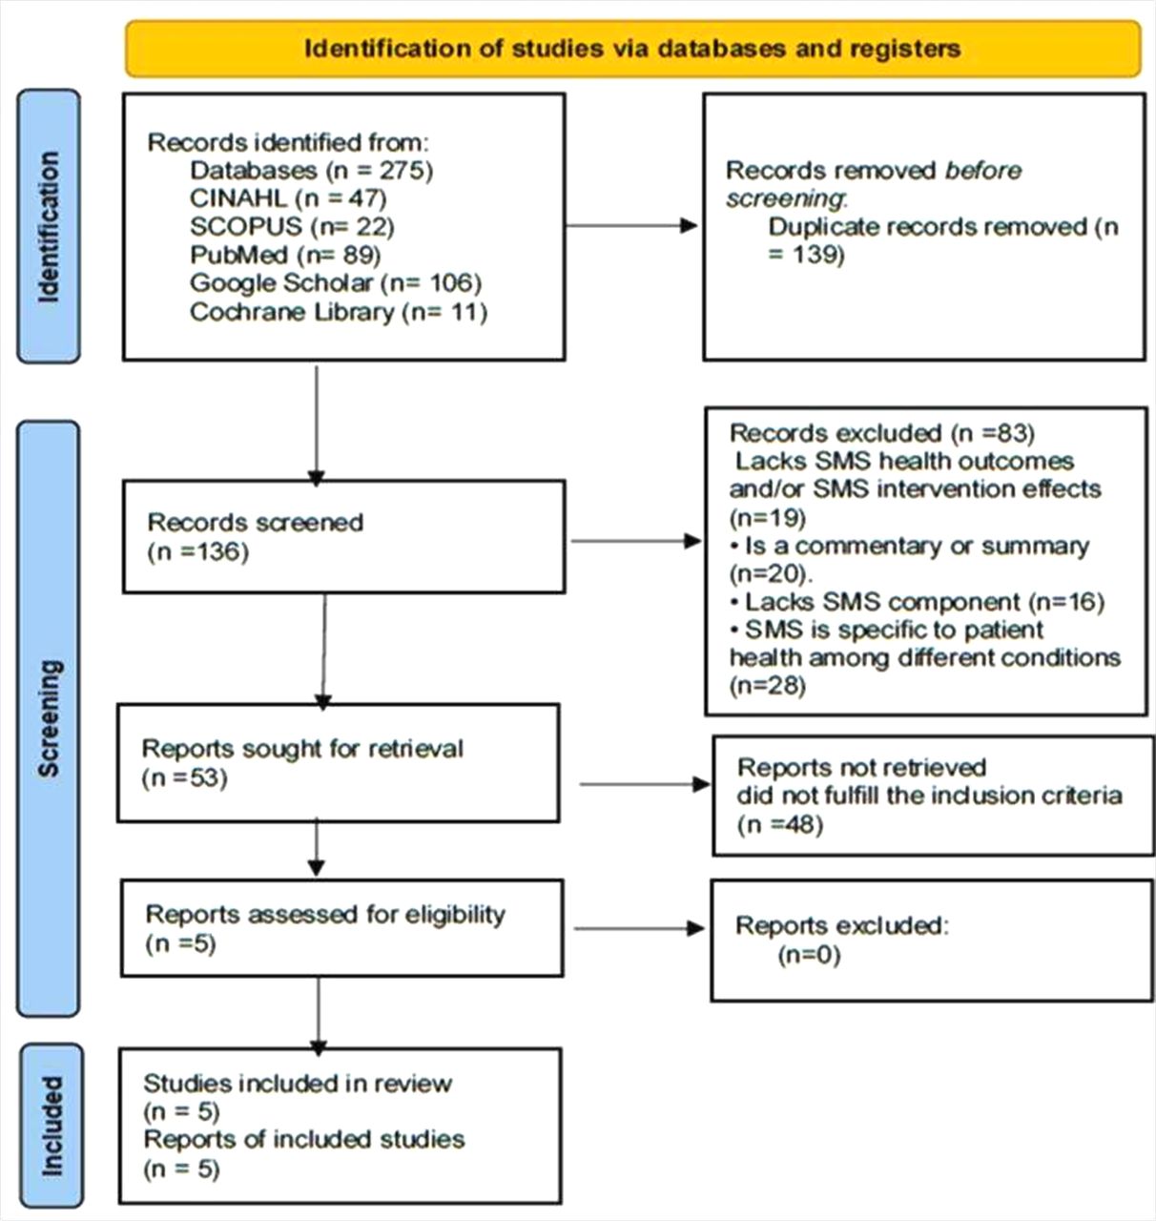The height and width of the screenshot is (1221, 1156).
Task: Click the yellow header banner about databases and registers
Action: tap(632, 48)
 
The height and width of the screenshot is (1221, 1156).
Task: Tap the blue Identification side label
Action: tap(49, 227)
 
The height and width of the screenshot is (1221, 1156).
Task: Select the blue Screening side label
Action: tap(49, 717)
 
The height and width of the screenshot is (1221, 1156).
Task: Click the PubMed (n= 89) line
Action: tap(285, 255)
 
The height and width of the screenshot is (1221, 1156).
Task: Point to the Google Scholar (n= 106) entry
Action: tap(336, 283)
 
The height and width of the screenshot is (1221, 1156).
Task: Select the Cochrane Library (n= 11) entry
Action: tap(339, 312)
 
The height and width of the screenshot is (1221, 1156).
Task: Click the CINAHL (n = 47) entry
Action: tap(288, 198)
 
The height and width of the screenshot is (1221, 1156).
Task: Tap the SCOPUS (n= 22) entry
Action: tap(292, 227)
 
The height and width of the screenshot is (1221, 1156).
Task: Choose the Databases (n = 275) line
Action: tap(311, 171)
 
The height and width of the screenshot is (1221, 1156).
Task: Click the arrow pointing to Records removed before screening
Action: tap(632, 226)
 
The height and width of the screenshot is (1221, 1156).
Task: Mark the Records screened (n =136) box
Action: tap(343, 536)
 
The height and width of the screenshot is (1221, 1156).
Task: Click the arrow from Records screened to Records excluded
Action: tap(634, 541)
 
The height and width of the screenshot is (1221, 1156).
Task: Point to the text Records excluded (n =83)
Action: tap(882, 433)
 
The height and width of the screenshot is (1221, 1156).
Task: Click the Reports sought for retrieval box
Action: tap(338, 762)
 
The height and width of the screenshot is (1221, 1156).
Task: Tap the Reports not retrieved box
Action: tap(933, 795)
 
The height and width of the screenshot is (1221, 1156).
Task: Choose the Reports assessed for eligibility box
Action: tap(341, 928)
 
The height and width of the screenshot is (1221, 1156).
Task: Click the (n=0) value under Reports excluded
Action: tap(809, 954)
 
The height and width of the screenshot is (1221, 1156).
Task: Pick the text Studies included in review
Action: tap(298, 1084)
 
